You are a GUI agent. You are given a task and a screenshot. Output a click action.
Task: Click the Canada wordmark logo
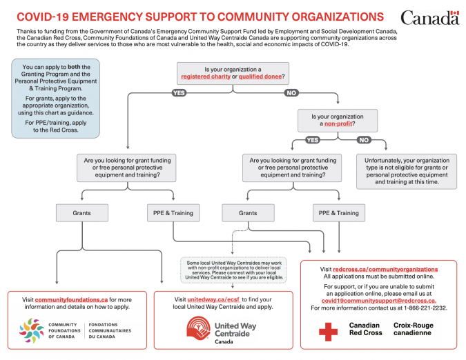click(429, 17)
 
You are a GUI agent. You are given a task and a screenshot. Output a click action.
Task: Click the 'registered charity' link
click(206, 75)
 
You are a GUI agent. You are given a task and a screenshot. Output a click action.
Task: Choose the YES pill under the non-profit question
click(313, 140)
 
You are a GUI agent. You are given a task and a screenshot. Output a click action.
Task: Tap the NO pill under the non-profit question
click(362, 140)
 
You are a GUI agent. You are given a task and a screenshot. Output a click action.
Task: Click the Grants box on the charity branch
click(81, 212)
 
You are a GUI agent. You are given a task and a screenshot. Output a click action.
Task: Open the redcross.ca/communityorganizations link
click(385, 269)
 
